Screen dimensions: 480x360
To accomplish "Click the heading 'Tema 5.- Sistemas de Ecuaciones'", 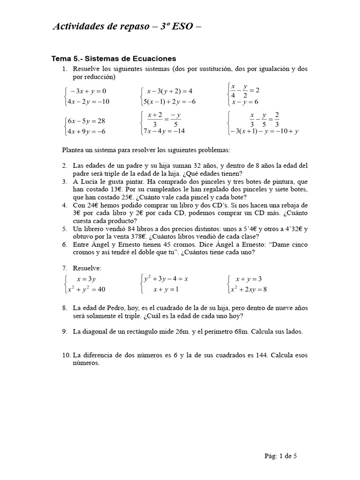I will (113, 59).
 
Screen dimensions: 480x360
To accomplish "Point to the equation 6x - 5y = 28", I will (87, 121).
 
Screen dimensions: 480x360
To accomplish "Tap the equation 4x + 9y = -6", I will (87, 132).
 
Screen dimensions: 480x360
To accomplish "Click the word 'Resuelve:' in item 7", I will (87, 268).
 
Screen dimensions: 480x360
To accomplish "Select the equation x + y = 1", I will (167, 290).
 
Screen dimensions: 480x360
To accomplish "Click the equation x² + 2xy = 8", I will (248, 289).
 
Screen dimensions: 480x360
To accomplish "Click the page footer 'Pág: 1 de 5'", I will (281, 455).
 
